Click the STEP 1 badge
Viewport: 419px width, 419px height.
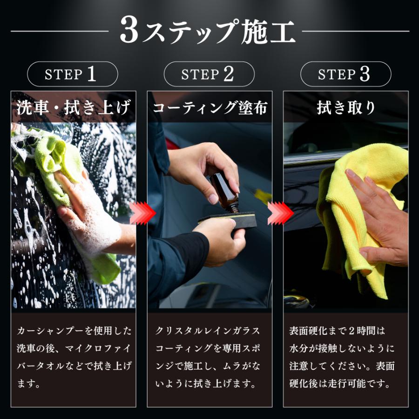pos(73,74)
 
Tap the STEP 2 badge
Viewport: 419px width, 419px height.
pos(209,74)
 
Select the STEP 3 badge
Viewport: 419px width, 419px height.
pos(345,74)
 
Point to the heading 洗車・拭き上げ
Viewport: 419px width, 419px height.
pos(73,107)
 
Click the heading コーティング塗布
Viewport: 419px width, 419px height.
pos(210,108)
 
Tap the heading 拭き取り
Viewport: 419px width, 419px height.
pos(346,108)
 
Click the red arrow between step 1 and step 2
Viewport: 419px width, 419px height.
pos(142,213)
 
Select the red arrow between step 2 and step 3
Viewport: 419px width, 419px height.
pos(281,213)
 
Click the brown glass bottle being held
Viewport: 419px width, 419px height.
pos(225,193)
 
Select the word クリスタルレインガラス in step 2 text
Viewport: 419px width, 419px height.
pos(208,331)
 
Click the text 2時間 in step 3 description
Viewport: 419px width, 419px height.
pos(358,331)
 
